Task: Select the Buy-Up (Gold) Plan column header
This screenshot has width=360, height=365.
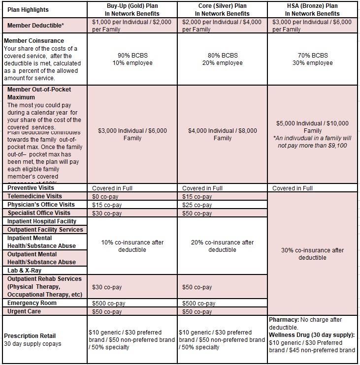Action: [132, 9]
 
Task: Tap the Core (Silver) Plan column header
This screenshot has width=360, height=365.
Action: [222, 9]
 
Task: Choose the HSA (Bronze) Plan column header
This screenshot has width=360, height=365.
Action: [312, 9]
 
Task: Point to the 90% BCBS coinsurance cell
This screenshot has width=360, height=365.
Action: [132, 59]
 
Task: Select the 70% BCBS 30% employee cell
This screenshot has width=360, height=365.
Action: [312, 59]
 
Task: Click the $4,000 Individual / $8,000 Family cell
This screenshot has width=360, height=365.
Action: [222, 134]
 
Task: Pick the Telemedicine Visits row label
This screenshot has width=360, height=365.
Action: [34, 196]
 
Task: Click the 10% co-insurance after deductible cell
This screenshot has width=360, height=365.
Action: [132, 246]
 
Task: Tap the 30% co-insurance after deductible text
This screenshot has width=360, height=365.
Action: [312, 254]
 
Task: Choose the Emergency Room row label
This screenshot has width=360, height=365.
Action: [32, 303]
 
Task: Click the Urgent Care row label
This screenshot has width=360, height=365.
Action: [25, 311]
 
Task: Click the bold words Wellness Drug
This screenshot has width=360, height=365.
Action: [291, 335]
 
